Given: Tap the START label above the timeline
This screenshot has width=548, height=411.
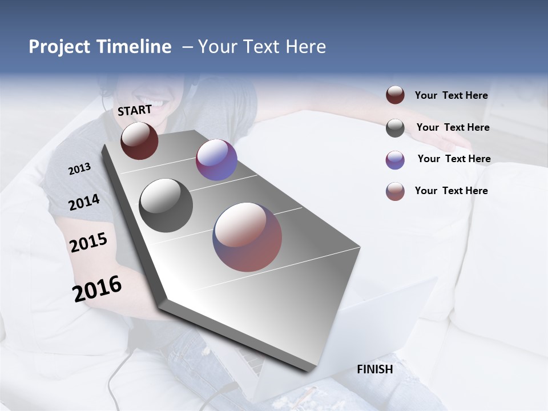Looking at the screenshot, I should tap(135, 110).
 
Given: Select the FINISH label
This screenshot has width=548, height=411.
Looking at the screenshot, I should tap(375, 369).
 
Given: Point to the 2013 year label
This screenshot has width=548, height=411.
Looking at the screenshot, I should tap(80, 169).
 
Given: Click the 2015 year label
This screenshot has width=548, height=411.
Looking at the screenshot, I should tap(88, 243).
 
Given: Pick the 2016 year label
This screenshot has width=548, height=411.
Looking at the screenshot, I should tap(97, 289).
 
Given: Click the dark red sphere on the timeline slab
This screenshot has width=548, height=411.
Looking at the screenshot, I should tap(139, 140).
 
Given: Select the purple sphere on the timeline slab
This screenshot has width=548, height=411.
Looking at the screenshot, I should tap(216, 160).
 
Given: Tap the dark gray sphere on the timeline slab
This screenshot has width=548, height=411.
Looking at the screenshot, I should tap(166, 205).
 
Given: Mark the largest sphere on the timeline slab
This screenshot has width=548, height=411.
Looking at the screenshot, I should tap(247, 237).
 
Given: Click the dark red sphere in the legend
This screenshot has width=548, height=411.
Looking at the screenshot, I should tap(395, 95).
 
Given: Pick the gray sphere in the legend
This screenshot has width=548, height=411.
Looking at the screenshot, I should tap(395, 128).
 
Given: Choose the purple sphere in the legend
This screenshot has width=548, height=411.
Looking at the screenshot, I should tap(395, 160).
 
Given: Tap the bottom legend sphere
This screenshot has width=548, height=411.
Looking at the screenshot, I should tap(395, 191).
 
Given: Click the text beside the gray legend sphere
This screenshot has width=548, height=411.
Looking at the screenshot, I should tap(453, 127).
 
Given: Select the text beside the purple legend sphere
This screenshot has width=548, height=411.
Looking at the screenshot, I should tap(454, 159).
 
